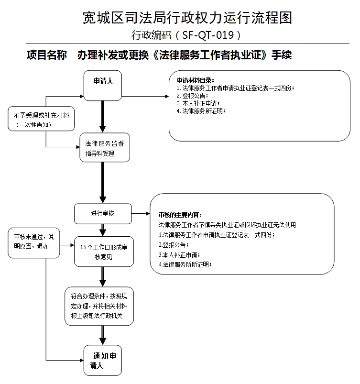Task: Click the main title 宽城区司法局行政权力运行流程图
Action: coord(187,18)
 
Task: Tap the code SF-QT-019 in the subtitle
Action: coord(208,35)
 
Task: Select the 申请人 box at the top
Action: coord(103,86)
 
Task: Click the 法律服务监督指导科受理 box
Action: coord(105,147)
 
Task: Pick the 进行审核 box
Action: coord(103,214)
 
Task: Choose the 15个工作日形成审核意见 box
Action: coord(104,252)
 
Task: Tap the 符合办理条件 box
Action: coord(99,306)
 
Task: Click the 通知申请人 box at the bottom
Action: coord(103,360)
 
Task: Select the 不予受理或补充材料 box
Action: coord(41,119)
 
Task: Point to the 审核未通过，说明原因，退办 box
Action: coord(34,243)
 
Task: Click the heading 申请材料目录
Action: coord(196,80)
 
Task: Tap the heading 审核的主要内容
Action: coord(180,215)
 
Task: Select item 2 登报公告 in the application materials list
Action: coord(192,96)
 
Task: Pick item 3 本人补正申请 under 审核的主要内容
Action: coord(179,255)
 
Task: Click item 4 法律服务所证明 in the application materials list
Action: coord(201,111)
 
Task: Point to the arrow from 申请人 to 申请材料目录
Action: coord(145,96)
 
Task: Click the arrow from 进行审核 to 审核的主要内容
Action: coord(141,214)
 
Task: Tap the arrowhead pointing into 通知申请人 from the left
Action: coord(82,360)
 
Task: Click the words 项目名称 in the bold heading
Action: coord(46,55)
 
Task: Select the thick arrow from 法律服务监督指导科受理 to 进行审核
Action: coord(103,183)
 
